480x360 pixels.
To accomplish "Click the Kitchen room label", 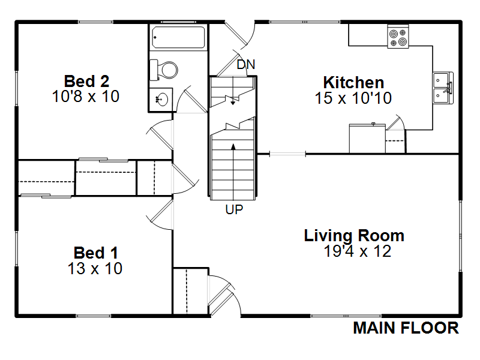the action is click(353, 83).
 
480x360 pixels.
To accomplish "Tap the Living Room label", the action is click(354, 236).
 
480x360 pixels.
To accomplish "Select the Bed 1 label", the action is click(96, 253).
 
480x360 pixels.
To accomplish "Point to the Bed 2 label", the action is click(86, 82).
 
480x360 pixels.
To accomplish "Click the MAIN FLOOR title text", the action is click(406, 328).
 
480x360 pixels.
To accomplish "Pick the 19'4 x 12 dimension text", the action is click(357, 251).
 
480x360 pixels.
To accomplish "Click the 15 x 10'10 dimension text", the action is click(353, 98).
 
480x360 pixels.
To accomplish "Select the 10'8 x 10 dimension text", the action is click(86, 97).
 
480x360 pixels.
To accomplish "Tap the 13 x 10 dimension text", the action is click(95, 268).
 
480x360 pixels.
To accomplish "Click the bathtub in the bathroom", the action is click(178, 37).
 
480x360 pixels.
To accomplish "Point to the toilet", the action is click(163, 70).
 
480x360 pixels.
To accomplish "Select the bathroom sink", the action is click(162, 100).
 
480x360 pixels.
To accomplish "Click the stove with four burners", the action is click(398, 37).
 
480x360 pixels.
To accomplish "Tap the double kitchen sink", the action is click(443, 88).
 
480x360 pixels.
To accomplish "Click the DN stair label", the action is click(246, 65).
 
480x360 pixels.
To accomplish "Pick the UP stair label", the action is click(234, 209).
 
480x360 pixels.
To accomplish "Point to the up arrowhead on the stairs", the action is click(233, 146).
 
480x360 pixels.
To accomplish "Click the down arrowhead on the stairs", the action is click(233, 103).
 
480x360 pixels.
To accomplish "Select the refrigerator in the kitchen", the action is click(367, 139).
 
